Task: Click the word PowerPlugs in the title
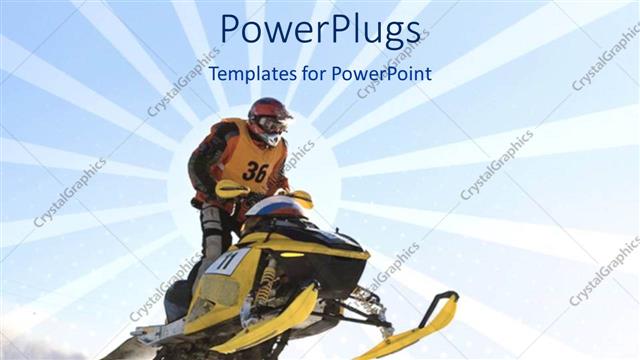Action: click(x=320, y=30)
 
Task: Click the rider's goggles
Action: click(x=273, y=124)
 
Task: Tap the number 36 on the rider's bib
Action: click(x=255, y=171)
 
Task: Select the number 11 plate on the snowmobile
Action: click(x=227, y=262)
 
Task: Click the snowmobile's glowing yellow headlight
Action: click(x=292, y=254)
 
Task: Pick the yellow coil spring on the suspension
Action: click(x=266, y=284)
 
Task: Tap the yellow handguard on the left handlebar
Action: click(x=232, y=188)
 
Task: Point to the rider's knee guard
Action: click(x=212, y=226)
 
